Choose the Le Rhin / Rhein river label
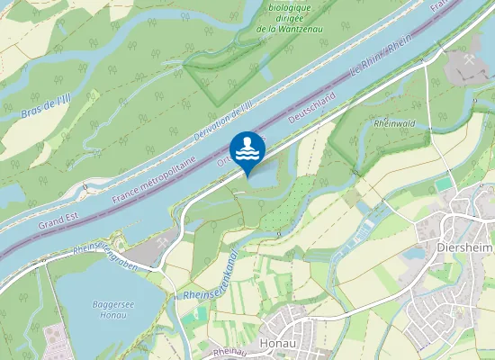click(x=382, y=57)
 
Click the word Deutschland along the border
click(x=311, y=106)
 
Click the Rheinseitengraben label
click(x=110, y=254)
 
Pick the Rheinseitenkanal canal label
click(x=209, y=273)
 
